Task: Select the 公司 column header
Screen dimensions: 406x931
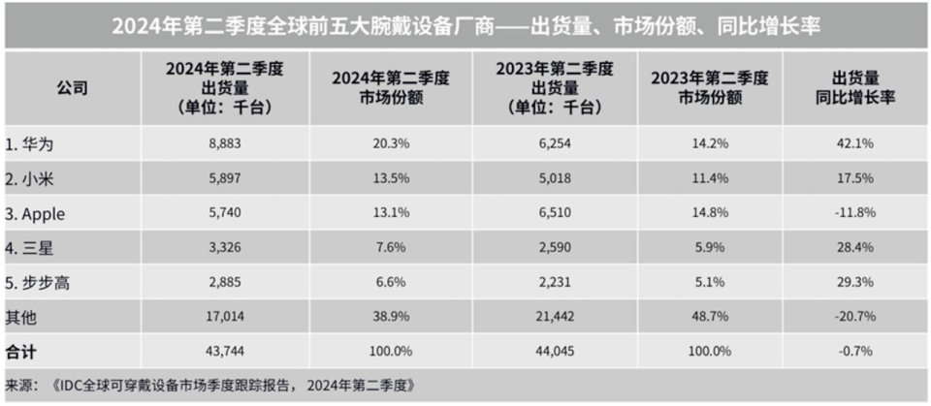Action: click(72, 88)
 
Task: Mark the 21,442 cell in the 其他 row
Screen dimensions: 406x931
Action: click(551, 314)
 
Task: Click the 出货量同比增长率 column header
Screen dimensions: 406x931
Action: click(855, 88)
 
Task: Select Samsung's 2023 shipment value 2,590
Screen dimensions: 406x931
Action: click(551, 246)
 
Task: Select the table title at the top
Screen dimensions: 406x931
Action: click(465, 26)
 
